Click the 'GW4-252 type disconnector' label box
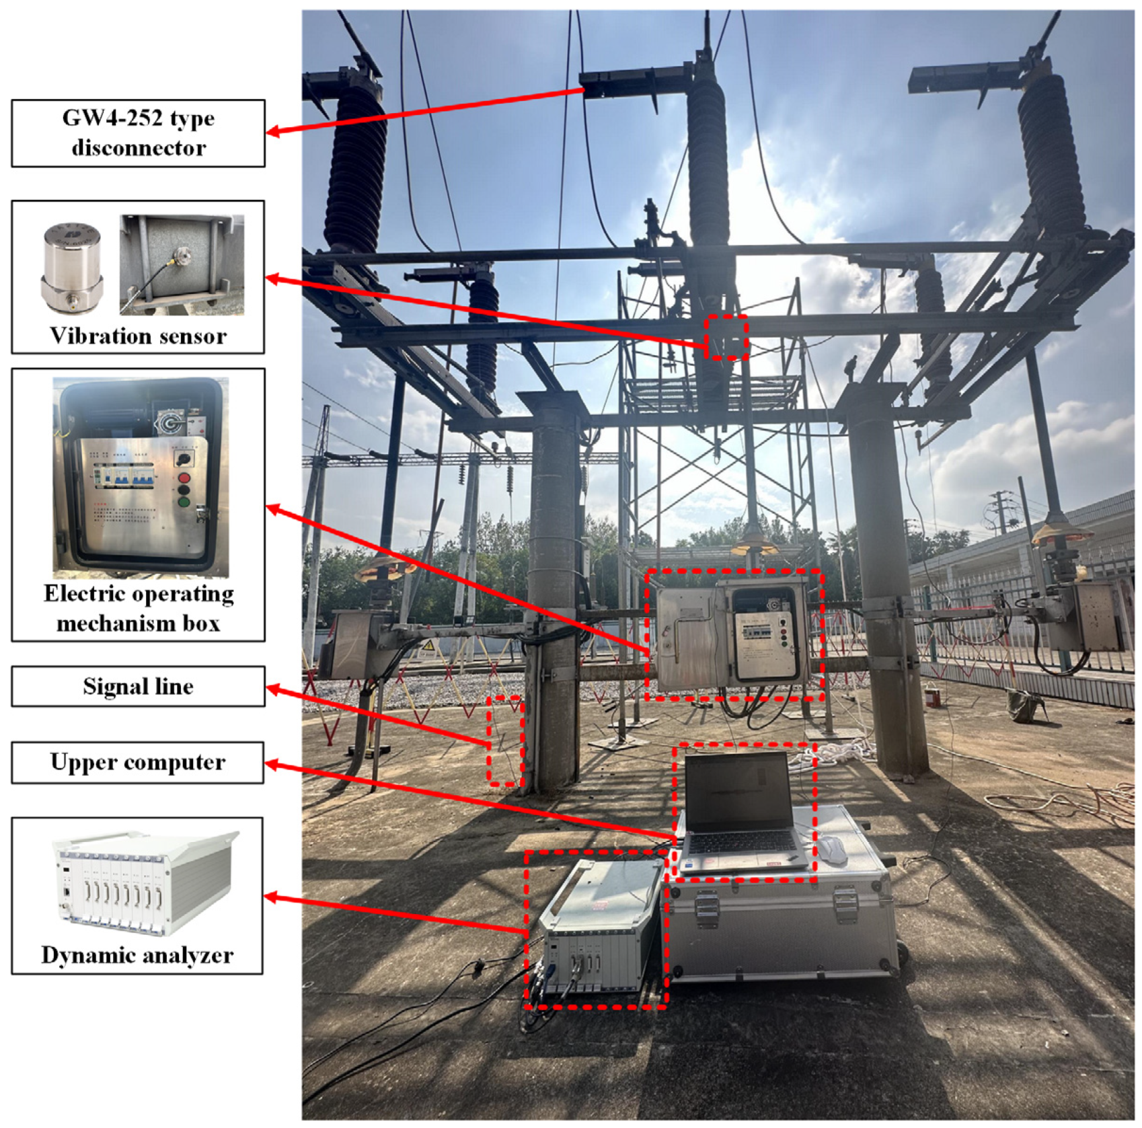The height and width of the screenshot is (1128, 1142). pos(138,133)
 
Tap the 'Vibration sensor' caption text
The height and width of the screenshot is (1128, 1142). pos(138,336)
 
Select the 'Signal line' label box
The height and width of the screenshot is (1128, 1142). pos(138,686)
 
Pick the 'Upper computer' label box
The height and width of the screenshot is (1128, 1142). pos(138,762)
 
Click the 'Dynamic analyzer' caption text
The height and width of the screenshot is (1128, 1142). pos(137,955)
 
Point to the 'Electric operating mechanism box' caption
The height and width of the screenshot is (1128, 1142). pos(139,608)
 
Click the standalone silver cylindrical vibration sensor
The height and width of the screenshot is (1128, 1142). pos(72,268)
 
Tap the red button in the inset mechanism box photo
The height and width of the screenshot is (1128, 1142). pos(184,478)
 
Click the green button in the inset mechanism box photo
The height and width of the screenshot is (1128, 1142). pos(184,502)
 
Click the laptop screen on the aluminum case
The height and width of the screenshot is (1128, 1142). pos(737,790)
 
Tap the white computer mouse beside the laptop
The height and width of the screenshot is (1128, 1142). pos(833,850)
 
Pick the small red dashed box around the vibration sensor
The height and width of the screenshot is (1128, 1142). pos(726,337)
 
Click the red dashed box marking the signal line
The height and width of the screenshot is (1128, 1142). pos(505,741)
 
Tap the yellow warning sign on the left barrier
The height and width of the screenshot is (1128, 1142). pos(428,647)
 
